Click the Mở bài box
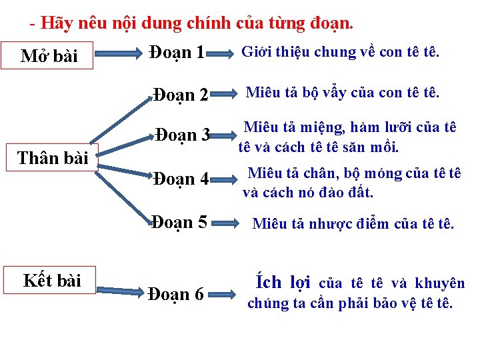tap(50, 56)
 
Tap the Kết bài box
tap(52, 281)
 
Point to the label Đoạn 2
tap(181, 95)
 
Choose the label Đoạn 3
tap(183, 135)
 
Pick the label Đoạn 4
tap(181, 179)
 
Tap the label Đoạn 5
tap(179, 222)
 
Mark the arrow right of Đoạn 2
tap(227, 93)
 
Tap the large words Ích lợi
tap(283, 283)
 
